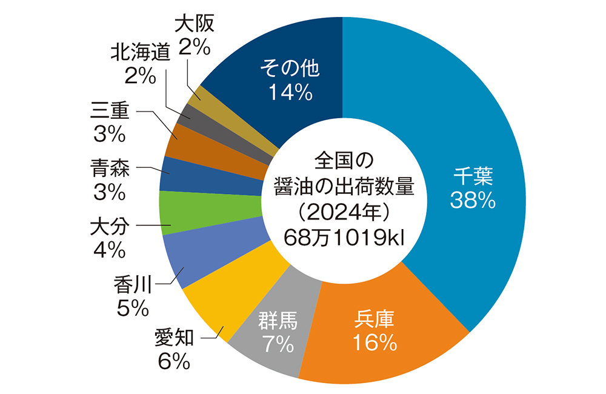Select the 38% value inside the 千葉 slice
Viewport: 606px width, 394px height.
pos(473,200)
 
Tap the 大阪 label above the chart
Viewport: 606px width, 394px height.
pos(195,25)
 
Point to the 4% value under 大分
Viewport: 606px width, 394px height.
pos(109,249)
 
